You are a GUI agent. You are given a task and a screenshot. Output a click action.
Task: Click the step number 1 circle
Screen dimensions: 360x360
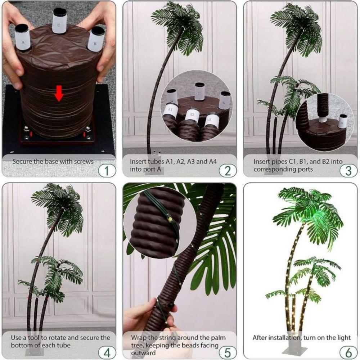(107, 170)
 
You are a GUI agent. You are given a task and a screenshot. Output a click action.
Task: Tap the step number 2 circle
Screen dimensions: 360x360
(228, 170)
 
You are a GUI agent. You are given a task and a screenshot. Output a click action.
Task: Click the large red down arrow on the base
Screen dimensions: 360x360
(59, 95)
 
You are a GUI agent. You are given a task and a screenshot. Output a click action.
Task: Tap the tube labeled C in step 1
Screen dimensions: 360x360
(59, 21)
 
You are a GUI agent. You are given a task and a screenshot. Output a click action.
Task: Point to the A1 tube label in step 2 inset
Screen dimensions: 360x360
(171, 109)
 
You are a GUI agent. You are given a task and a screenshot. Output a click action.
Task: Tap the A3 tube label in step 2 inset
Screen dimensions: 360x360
(212, 120)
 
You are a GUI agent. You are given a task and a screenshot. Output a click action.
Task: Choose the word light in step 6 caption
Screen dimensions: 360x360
(343, 338)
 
